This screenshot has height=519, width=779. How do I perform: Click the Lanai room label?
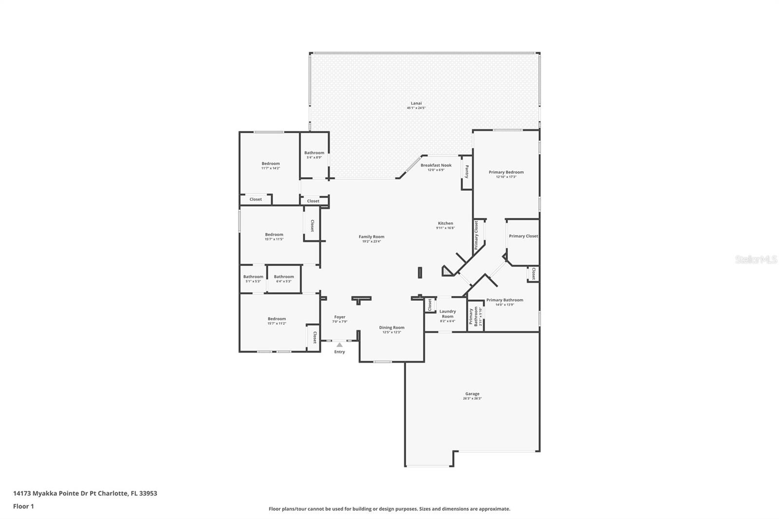click(416, 103)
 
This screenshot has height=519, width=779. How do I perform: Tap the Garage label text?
click(472, 394)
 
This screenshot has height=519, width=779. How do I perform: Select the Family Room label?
click(371, 237)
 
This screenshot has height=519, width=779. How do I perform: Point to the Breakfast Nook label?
click(436, 165)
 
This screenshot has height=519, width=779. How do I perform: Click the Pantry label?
click(466, 172)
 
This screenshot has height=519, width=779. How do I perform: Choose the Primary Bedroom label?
click(506, 172)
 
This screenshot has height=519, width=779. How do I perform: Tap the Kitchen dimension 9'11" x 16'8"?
click(445, 228)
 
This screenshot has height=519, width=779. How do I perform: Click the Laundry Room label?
click(447, 314)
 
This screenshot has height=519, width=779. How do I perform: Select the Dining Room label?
click(391, 327)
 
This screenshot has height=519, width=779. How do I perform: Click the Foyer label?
click(339, 317)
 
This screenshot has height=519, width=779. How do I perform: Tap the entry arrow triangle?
click(339, 345)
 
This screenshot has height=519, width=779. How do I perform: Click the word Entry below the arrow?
click(339, 352)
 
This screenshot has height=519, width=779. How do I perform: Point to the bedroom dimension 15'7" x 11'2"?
click(277, 323)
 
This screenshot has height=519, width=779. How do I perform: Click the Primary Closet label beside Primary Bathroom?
click(523, 236)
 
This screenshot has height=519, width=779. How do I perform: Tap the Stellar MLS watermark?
click(756, 259)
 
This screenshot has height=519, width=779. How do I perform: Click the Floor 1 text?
click(23, 506)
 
